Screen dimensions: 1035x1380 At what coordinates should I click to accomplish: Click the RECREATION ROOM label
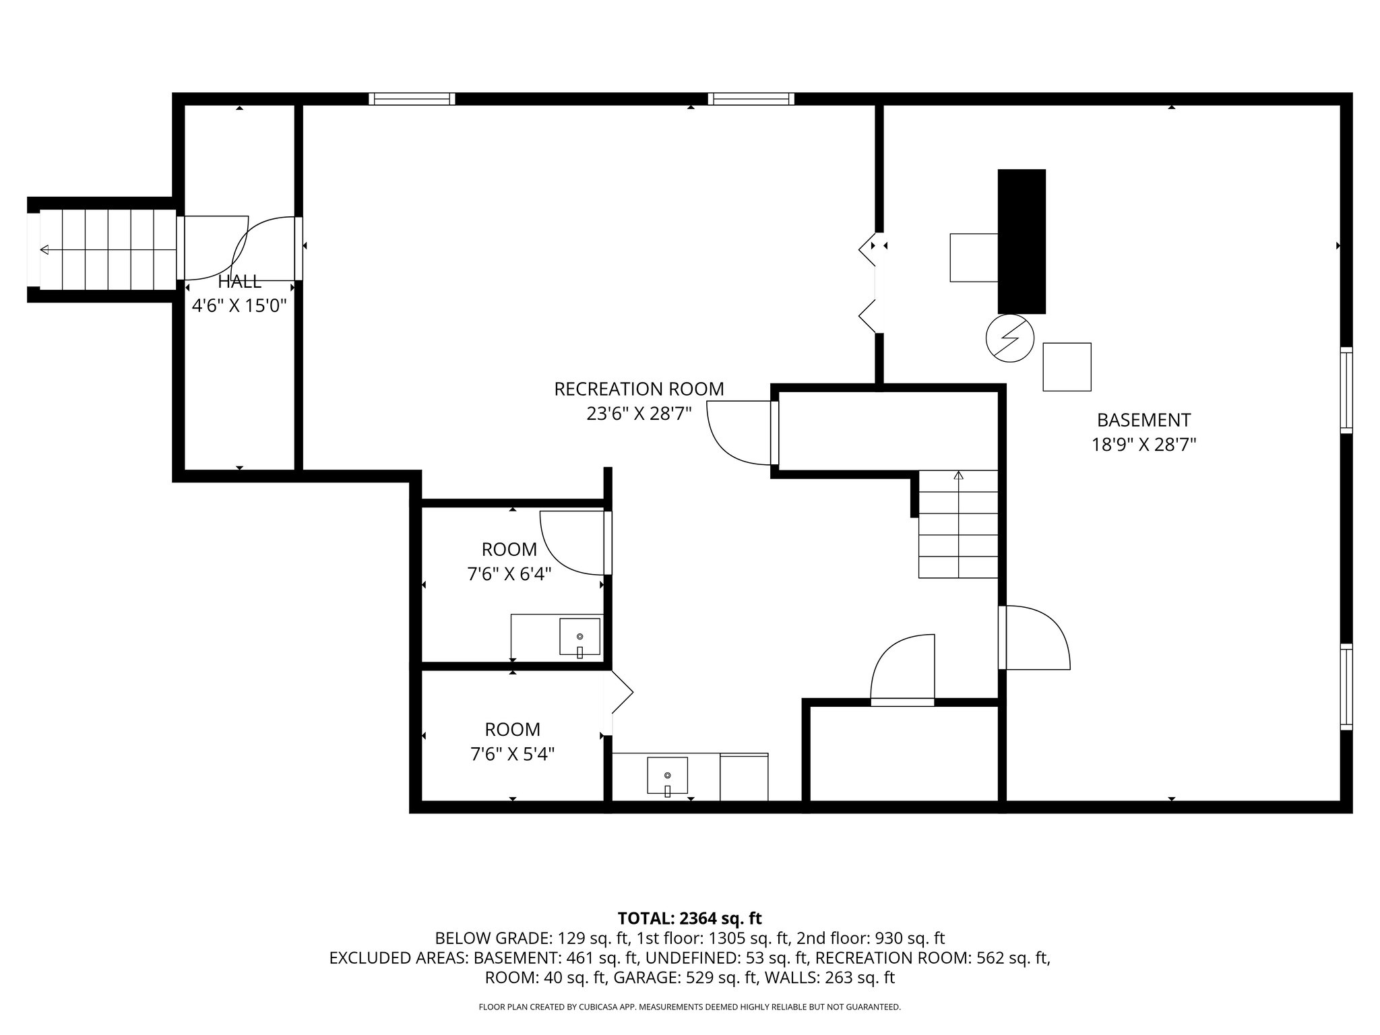point(639,389)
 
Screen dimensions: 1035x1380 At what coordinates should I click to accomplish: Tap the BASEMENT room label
point(1143,420)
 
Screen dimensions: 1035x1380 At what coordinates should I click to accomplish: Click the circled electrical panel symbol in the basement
point(1009,338)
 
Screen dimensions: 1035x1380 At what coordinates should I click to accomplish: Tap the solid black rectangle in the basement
point(1022,241)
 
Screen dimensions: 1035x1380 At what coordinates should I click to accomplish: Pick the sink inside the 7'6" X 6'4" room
point(579,636)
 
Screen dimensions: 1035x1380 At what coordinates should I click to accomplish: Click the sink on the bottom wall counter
point(667,776)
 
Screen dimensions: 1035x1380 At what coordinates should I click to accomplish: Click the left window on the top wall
point(412,99)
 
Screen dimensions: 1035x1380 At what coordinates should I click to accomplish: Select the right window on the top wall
point(751,99)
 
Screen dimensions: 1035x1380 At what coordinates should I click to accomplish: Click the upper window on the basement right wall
point(1346,390)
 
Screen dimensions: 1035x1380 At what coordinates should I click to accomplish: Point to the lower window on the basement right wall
point(1346,687)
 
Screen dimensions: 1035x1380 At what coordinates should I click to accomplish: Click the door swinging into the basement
point(1034,637)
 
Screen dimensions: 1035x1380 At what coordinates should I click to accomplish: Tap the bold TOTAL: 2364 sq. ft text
point(689,918)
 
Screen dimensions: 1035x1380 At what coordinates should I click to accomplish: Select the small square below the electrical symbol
point(1067,367)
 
